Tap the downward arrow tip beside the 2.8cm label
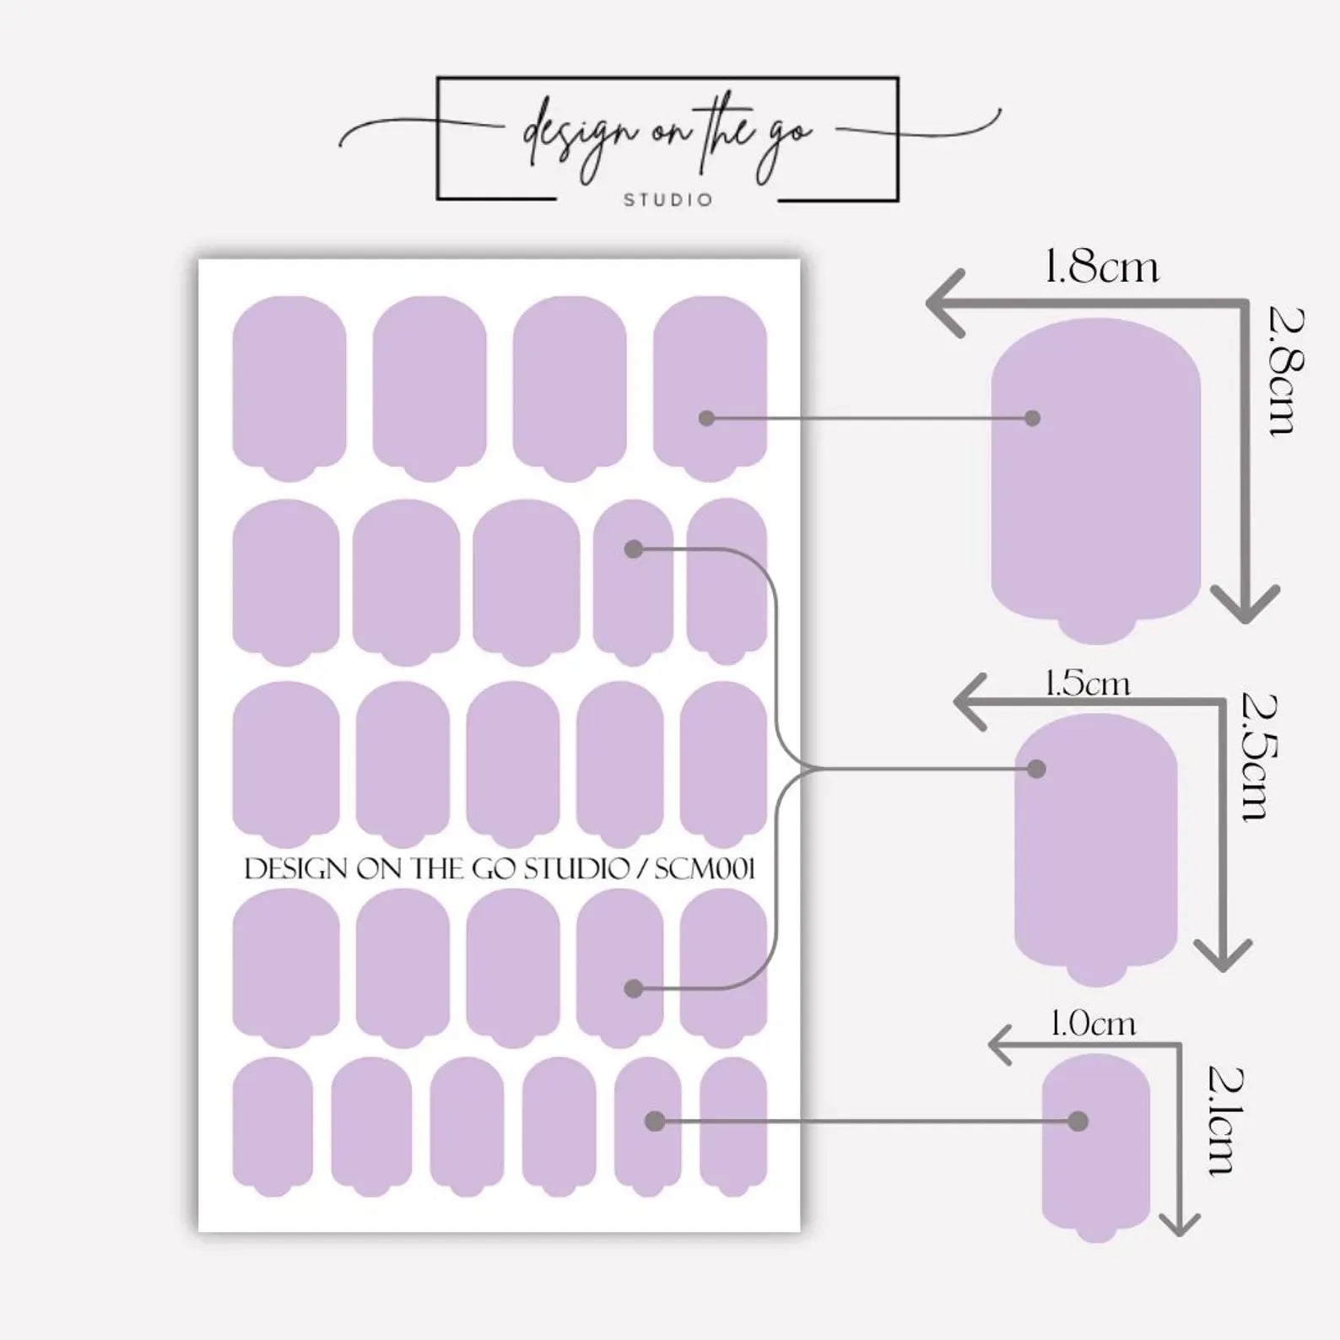click(x=1245, y=623)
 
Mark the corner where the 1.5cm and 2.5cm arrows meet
click(x=1223, y=701)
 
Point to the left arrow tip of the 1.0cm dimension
click(x=990, y=1046)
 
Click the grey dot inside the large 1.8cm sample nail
click(x=1031, y=418)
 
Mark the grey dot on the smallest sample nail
click(x=1078, y=1121)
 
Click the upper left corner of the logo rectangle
click(x=437, y=78)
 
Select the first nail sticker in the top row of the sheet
click(x=289, y=388)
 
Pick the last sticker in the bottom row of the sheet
click(x=733, y=1127)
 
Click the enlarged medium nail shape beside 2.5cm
click(x=1095, y=850)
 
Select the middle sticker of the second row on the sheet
click(x=527, y=583)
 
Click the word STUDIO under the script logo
click(x=668, y=200)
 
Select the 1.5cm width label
click(x=1087, y=683)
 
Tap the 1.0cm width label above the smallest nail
click(x=1093, y=1024)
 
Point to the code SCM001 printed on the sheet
click(x=705, y=868)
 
